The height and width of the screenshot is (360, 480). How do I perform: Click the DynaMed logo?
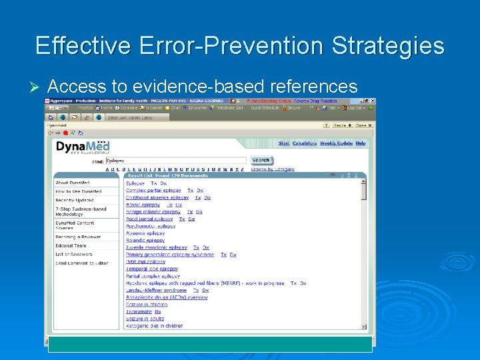(x=83, y=147)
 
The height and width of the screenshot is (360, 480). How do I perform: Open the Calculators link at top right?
(x=305, y=143)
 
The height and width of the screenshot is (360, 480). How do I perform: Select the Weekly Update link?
(x=336, y=143)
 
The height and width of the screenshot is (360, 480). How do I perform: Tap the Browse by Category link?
(x=273, y=169)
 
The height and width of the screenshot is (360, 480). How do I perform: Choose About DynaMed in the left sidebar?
(x=73, y=183)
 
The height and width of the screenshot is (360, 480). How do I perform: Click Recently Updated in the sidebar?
(x=75, y=200)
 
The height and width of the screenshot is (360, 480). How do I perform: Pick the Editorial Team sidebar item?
(x=71, y=245)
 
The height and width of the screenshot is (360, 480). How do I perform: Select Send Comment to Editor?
(x=81, y=263)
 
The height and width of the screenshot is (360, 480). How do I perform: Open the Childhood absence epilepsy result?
(x=157, y=197)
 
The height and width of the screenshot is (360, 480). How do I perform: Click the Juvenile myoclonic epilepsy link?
(x=157, y=247)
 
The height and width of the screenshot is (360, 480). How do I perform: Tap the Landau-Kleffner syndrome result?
(x=157, y=290)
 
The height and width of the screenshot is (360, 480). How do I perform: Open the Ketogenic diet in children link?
(x=154, y=326)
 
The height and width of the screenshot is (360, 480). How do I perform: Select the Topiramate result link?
(x=139, y=311)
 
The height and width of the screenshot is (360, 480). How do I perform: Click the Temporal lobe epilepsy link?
(x=152, y=269)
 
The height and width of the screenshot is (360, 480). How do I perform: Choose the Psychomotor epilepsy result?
(x=151, y=226)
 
